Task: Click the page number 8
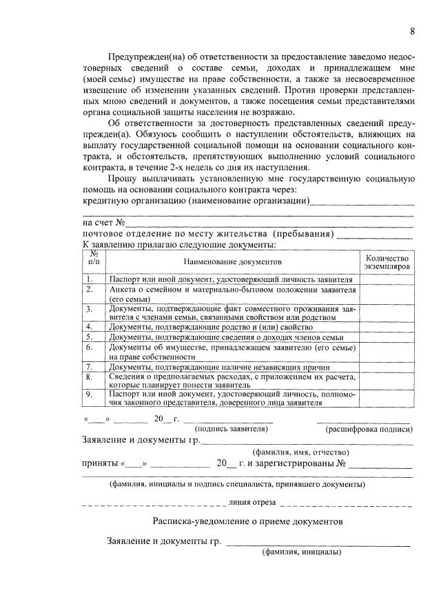[x=412, y=31]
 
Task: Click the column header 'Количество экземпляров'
[x=387, y=261]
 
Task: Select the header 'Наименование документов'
[x=233, y=262]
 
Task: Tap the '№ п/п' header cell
[x=94, y=259]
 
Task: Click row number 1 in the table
[x=90, y=279]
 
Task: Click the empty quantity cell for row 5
[x=387, y=337]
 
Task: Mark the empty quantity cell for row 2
[x=387, y=294]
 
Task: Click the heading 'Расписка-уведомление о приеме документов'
[x=247, y=521]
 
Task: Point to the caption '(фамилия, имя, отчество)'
[x=296, y=452]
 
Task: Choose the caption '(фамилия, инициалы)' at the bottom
[x=300, y=552]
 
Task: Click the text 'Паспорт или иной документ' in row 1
[x=158, y=279]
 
